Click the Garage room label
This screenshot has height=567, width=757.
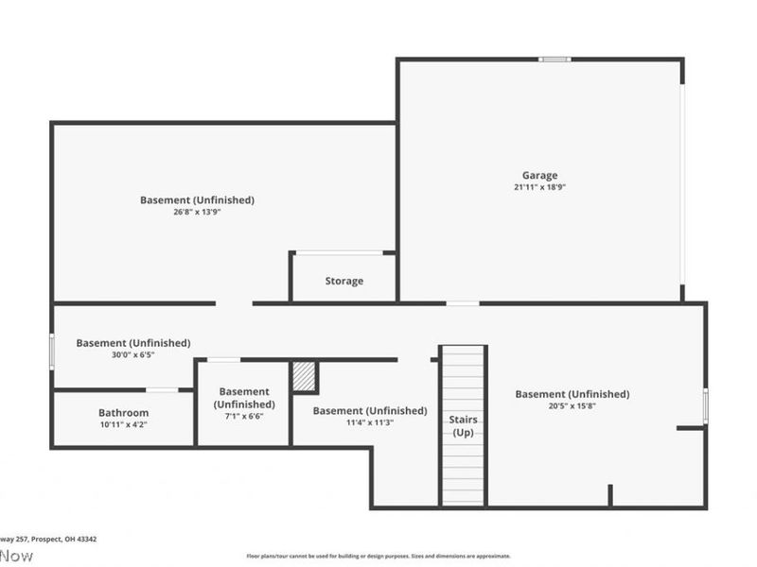539,175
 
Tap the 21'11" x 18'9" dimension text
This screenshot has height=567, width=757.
539,187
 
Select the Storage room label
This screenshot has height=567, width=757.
343,281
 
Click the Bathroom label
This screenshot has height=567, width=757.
123,413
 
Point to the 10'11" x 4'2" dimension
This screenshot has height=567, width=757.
123,425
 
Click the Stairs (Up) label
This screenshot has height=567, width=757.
463,425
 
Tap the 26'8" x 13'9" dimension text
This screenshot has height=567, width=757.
197,213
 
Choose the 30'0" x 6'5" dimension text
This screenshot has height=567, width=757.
132,355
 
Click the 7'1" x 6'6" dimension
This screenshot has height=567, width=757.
243,417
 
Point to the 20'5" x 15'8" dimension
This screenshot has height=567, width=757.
572,406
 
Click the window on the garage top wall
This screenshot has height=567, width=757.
555,60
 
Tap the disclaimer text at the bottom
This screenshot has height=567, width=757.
378,557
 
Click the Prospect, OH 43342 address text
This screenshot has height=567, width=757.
63,539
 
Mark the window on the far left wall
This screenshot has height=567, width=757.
52,349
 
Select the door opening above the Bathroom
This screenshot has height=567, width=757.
162,390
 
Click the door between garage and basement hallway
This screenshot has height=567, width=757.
463,303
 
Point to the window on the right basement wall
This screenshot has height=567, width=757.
705,404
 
